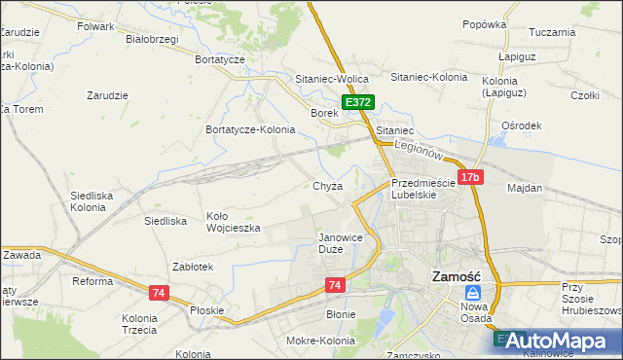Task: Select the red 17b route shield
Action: click(x=471, y=177)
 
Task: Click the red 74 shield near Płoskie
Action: click(x=159, y=292)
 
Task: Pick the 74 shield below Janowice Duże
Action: click(x=335, y=284)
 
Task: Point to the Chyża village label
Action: click(x=326, y=186)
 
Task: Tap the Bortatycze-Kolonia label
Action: click(x=250, y=129)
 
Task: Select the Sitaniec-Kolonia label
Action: click(x=428, y=77)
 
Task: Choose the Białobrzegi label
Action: click(x=153, y=40)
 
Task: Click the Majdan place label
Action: click(x=525, y=187)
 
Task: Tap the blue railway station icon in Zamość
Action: click(x=472, y=293)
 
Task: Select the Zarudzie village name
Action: click(x=108, y=95)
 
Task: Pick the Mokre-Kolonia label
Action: click(x=320, y=341)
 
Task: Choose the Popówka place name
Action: click(x=485, y=24)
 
